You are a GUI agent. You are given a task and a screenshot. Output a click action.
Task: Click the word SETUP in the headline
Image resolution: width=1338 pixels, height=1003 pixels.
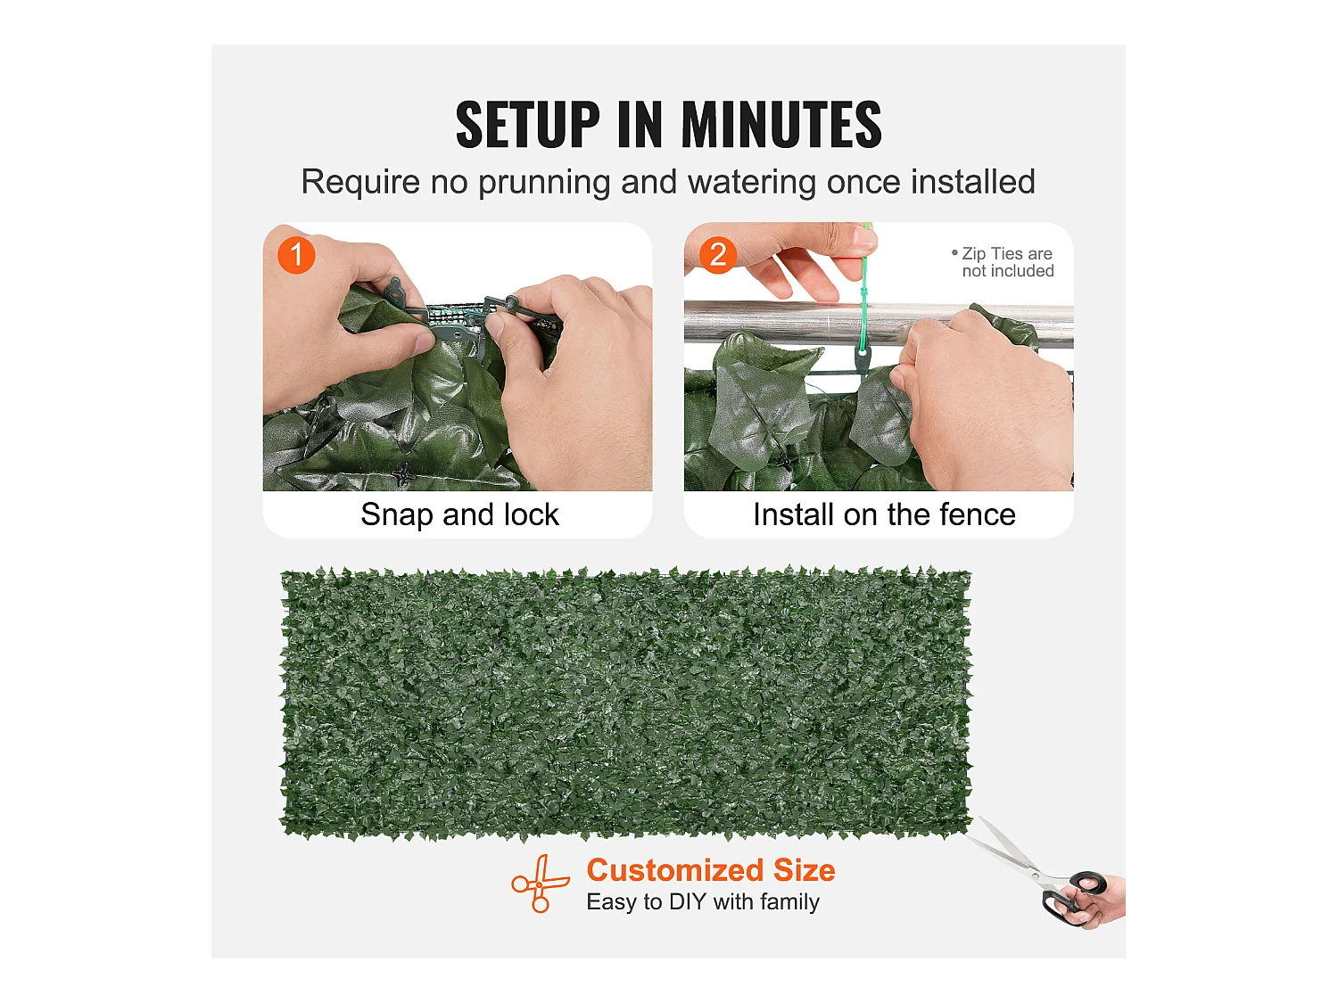[x=527, y=124]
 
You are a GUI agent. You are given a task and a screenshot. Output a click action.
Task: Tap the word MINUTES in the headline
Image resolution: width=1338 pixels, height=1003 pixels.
[x=781, y=124]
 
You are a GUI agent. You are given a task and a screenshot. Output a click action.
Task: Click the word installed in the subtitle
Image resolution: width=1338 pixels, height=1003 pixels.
[x=973, y=182]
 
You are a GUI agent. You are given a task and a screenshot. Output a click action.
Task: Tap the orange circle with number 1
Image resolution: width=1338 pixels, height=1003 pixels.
[x=296, y=255]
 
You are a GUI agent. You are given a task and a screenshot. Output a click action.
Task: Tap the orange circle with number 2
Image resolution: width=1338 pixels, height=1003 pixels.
[x=718, y=255]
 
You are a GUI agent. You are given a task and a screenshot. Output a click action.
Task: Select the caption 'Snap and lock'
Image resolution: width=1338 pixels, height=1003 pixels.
[x=459, y=514]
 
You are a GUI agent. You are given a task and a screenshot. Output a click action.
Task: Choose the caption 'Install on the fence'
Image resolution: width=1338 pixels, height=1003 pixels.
[x=884, y=514]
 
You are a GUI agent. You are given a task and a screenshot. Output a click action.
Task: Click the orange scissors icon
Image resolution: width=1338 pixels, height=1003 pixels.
[x=540, y=884]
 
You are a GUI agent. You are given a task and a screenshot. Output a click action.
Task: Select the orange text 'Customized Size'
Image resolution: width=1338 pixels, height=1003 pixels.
[x=711, y=870]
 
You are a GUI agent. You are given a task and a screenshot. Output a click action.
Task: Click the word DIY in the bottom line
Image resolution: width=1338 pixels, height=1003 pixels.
[x=687, y=902]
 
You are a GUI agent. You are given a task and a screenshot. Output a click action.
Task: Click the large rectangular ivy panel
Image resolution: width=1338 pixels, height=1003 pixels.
[x=625, y=703]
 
